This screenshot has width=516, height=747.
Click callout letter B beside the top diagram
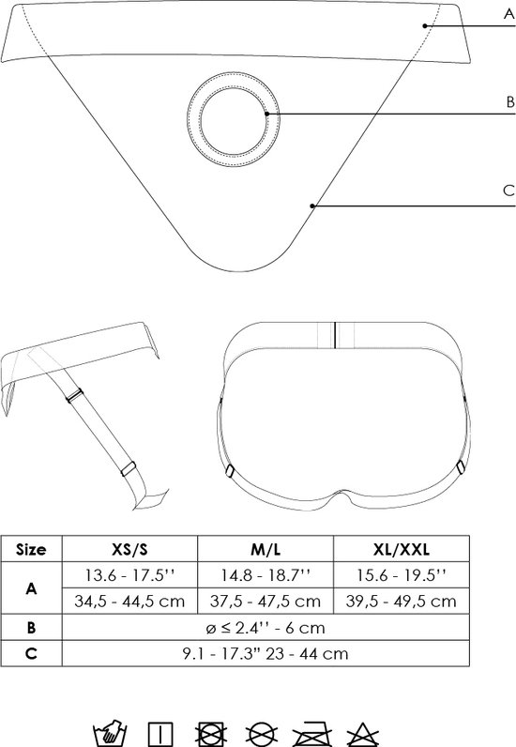(510, 102)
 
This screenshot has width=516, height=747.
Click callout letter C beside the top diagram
(508, 191)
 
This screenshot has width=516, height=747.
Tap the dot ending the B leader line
(266, 114)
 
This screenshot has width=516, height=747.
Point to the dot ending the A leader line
(424, 25)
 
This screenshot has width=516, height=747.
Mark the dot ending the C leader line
(312, 206)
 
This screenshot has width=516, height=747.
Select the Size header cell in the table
(32, 549)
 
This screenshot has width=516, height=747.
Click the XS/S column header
(129, 549)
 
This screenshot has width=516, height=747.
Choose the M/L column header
(266, 549)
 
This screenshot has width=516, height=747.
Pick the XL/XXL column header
(402, 549)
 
